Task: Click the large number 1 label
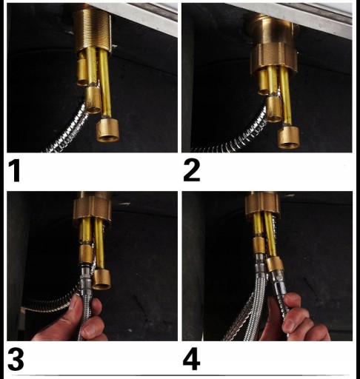click(x=14, y=170)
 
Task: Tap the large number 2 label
click(x=192, y=170)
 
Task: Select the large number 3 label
click(x=16, y=358)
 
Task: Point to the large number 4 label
click(x=191, y=358)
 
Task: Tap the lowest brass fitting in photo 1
click(x=107, y=130)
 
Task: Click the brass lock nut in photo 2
click(x=273, y=58)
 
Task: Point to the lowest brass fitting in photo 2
click(x=288, y=137)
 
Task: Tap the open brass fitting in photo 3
click(x=101, y=279)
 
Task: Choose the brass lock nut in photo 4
click(x=262, y=204)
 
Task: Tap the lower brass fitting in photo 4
click(x=274, y=264)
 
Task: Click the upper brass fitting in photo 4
click(x=259, y=246)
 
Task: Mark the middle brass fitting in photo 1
click(x=93, y=100)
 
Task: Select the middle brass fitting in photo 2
click(x=273, y=109)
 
